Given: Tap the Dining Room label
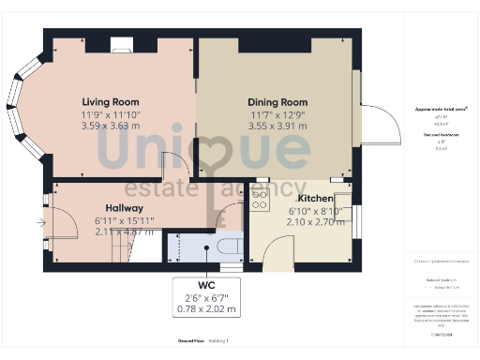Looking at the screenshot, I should [277, 102].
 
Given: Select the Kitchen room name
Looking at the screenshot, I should [315, 200].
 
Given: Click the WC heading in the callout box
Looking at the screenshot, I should [206, 285].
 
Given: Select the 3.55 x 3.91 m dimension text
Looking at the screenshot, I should [277, 125].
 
